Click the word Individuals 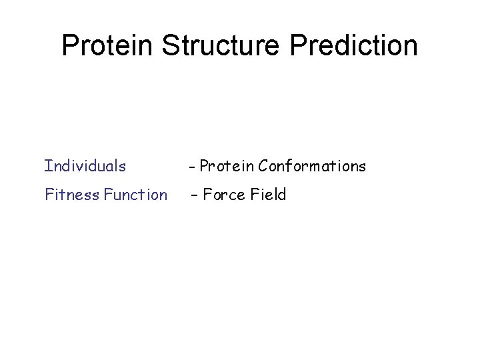(85, 165)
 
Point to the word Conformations (312, 166)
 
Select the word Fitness (71, 195)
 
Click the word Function (135, 195)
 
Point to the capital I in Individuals (47, 165)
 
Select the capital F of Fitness (49, 195)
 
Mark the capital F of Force (207, 195)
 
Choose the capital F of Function (108, 195)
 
